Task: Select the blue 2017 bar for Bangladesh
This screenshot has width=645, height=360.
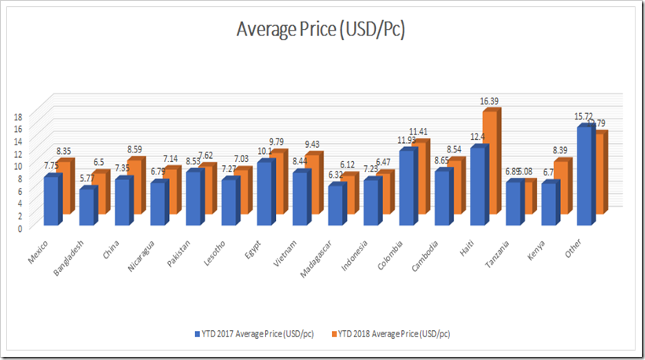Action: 87,207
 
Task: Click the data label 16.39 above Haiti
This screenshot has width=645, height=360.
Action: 491,101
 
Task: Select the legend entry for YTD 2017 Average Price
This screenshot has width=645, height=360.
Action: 253,334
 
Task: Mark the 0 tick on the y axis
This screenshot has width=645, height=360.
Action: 19,228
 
